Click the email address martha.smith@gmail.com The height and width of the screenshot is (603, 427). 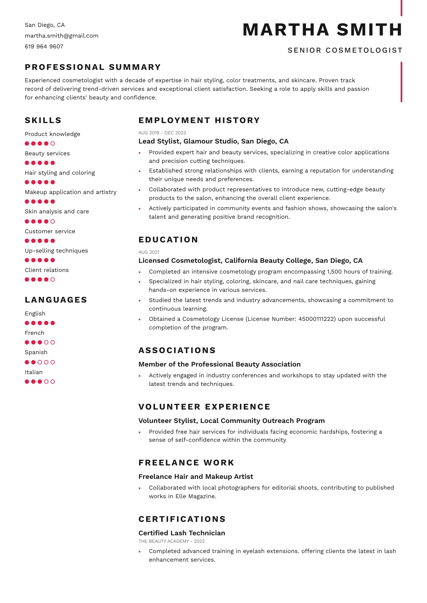coord(62,36)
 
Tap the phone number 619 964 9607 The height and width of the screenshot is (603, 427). coord(44,46)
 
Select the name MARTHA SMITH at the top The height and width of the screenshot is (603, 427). coord(322,30)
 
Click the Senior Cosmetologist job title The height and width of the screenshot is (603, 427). coord(345,50)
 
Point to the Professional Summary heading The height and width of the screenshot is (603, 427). coord(93,67)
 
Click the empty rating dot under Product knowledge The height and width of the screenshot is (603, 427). coord(53,143)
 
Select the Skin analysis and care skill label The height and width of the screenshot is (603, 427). coord(57,211)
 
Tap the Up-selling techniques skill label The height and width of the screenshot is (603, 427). coord(56,251)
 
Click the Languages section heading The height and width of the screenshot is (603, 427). coord(56,300)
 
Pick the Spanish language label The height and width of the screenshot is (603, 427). coord(36,352)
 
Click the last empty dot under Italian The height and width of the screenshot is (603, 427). coord(53,382)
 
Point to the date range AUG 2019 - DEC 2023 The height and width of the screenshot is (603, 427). coord(162,133)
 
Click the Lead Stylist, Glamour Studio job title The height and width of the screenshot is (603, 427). coord(213,141)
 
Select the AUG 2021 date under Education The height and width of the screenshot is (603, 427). coord(149,252)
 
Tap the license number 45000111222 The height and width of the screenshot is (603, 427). coord(317,319)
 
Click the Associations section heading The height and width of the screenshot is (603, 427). coord(177,350)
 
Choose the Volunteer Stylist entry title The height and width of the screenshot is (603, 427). coord(232,421)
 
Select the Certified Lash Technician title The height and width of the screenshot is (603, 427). coord(182,533)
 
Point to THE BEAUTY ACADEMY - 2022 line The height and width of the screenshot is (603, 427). coord(172,541)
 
